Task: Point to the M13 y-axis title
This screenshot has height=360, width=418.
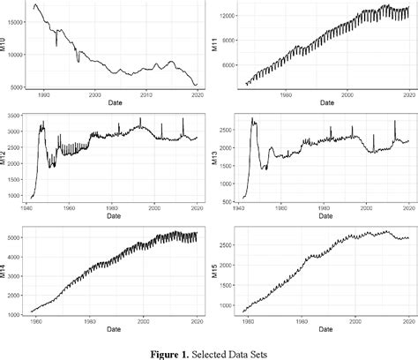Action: click(x=216, y=157)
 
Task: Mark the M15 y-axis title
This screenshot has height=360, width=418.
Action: click(x=216, y=271)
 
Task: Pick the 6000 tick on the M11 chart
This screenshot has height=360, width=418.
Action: click(x=228, y=66)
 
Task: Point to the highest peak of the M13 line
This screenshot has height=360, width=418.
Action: click(x=252, y=118)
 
